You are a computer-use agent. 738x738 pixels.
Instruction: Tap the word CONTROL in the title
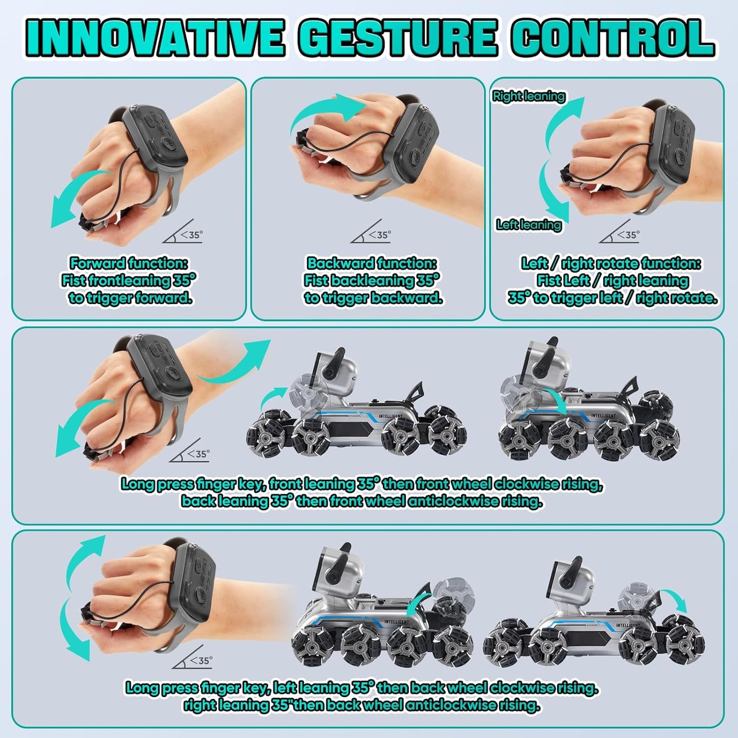pyautogui.click(x=612, y=38)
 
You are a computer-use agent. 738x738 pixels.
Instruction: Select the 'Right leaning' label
pyautogui.click(x=529, y=96)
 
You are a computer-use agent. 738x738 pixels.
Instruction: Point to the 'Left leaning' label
pyautogui.click(x=529, y=225)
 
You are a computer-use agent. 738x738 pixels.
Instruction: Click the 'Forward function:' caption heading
pyautogui.click(x=129, y=264)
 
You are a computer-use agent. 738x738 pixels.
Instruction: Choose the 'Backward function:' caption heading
pyautogui.click(x=371, y=264)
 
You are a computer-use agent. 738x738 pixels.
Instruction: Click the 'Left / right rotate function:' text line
pyautogui.click(x=611, y=264)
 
